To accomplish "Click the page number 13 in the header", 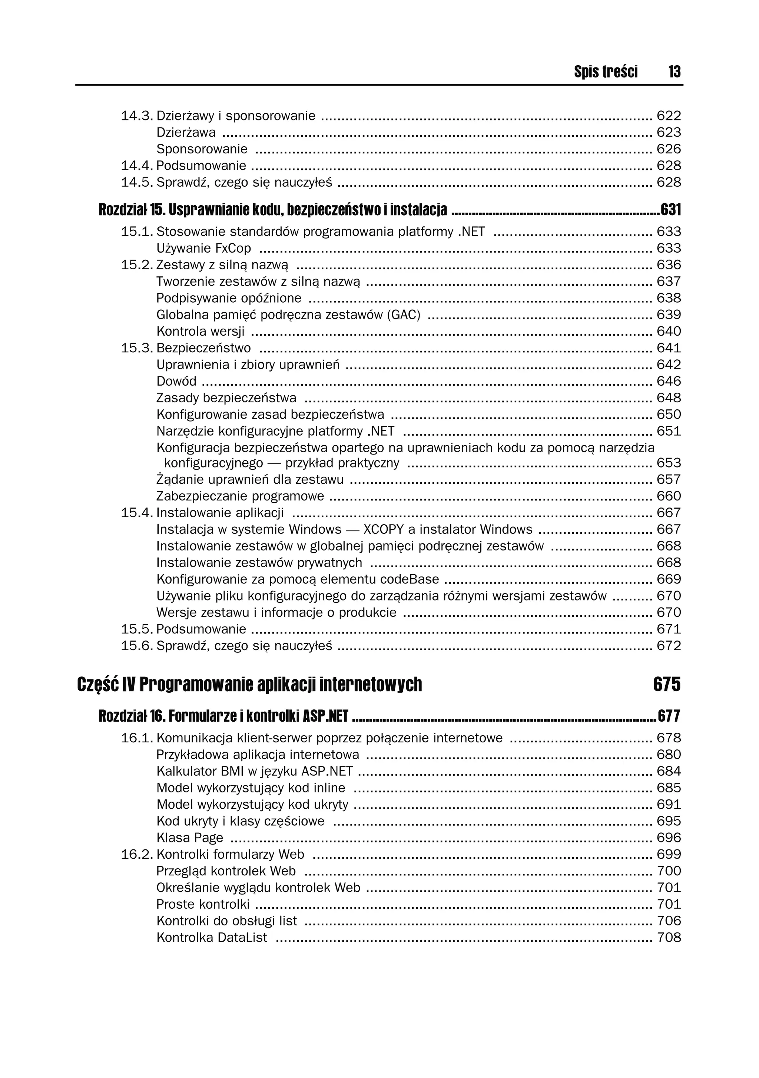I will (x=674, y=72).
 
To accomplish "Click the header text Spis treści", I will (x=606, y=72).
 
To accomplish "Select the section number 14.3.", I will (x=137, y=116).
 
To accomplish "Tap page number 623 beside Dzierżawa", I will (x=668, y=132).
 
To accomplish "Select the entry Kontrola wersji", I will (x=200, y=332).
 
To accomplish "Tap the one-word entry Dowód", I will (x=176, y=381).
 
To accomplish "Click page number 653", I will (x=668, y=463).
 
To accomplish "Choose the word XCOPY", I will (x=383, y=530).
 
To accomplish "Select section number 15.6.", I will (x=137, y=646).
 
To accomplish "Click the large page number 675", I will (x=666, y=685).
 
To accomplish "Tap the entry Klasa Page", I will (x=189, y=838).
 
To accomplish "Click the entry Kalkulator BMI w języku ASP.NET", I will (x=254, y=771).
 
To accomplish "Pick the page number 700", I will (x=668, y=871).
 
